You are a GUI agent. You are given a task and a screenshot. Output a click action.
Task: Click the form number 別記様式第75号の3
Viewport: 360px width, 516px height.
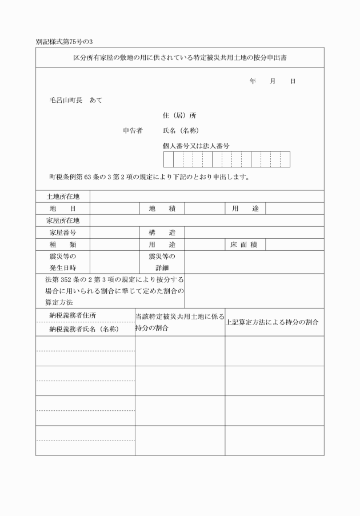click(64, 42)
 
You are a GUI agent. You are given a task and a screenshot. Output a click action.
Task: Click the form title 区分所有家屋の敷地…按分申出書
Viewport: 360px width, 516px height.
click(180, 58)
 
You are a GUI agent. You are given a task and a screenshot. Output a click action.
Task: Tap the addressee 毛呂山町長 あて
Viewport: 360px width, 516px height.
click(75, 100)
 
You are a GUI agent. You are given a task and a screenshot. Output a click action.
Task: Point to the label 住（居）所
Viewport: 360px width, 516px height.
click(179, 115)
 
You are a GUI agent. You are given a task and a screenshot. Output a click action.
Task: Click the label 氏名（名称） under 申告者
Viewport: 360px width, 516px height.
click(181, 130)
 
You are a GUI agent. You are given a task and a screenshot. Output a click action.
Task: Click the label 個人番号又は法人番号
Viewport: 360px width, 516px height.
click(196, 146)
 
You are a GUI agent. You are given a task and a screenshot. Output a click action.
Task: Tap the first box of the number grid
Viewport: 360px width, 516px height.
click(169, 159)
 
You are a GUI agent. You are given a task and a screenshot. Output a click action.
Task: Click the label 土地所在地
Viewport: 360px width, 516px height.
click(63, 197)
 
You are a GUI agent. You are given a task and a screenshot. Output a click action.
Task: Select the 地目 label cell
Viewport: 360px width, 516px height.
click(63, 209)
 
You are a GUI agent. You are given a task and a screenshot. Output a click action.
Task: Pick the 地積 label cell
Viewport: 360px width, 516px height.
click(162, 209)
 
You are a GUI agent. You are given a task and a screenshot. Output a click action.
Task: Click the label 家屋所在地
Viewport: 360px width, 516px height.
click(63, 221)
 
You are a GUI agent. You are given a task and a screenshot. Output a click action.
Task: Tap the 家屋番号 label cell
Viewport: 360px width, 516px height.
click(63, 233)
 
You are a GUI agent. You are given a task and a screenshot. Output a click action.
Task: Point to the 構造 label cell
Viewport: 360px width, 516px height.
click(162, 233)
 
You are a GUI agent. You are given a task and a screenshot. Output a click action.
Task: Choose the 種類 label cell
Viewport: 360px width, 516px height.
click(63, 245)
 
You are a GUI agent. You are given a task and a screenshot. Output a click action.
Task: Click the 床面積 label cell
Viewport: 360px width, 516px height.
click(244, 245)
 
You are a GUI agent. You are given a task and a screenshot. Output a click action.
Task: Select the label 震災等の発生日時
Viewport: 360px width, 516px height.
click(63, 262)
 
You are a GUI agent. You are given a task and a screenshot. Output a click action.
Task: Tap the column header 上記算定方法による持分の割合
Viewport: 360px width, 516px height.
click(271, 322)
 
